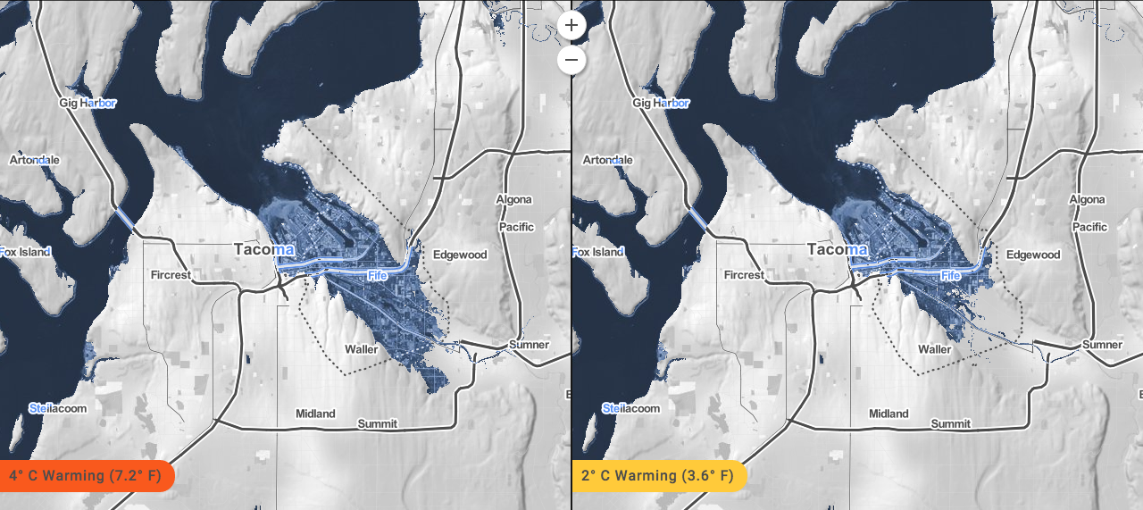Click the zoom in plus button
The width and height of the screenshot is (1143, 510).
coord(571,25)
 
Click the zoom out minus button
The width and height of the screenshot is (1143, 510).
coord(571,61)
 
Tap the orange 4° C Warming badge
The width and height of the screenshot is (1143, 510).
coord(87,475)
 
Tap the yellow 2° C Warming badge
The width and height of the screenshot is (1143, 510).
coord(659,475)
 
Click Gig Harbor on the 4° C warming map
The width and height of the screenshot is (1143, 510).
coord(88,103)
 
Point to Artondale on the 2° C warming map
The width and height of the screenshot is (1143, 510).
coord(607,160)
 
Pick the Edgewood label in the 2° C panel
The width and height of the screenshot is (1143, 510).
coord(1034,255)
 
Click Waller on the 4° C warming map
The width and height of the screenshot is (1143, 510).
coord(362,349)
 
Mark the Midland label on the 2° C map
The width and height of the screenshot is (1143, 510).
coord(889,414)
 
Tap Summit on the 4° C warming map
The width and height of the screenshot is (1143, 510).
coord(377,423)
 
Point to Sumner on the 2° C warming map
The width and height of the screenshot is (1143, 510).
coord(1101,345)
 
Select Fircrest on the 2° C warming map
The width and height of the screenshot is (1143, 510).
coord(743,275)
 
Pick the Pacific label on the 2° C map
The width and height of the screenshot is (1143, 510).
coord(1089,227)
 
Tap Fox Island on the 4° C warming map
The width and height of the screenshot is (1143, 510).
coord(25,252)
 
